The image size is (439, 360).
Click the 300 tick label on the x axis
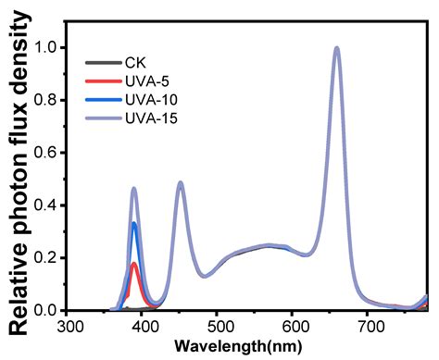coord(69,327)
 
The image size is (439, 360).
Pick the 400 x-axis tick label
coord(144,327)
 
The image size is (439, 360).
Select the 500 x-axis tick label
coord(219,327)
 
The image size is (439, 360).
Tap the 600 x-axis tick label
coord(295,327)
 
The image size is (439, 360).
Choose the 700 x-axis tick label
coord(370,327)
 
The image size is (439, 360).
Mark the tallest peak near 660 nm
coord(337,48)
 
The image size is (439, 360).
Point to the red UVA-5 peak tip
coord(135,264)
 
